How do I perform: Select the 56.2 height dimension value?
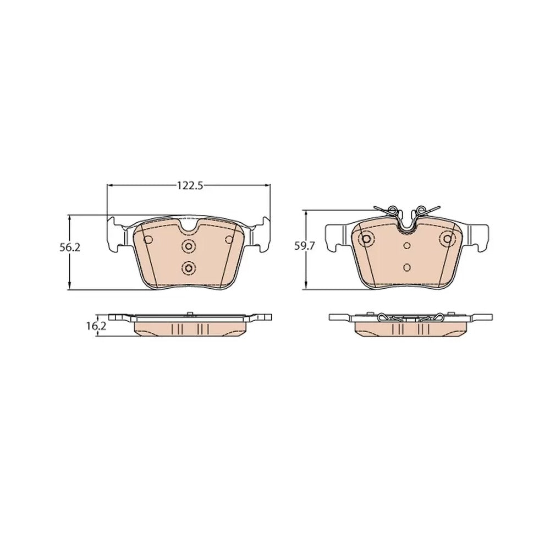(x=70, y=248)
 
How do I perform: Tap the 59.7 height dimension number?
(x=305, y=246)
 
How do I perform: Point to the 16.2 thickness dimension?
(x=96, y=326)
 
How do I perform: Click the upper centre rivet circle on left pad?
(x=188, y=246)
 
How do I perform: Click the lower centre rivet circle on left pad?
(x=188, y=269)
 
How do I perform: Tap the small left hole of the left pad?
(x=148, y=239)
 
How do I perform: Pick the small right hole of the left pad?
(x=229, y=239)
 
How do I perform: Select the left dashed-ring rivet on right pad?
(x=367, y=239)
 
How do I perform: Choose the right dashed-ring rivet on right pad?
(x=448, y=239)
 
